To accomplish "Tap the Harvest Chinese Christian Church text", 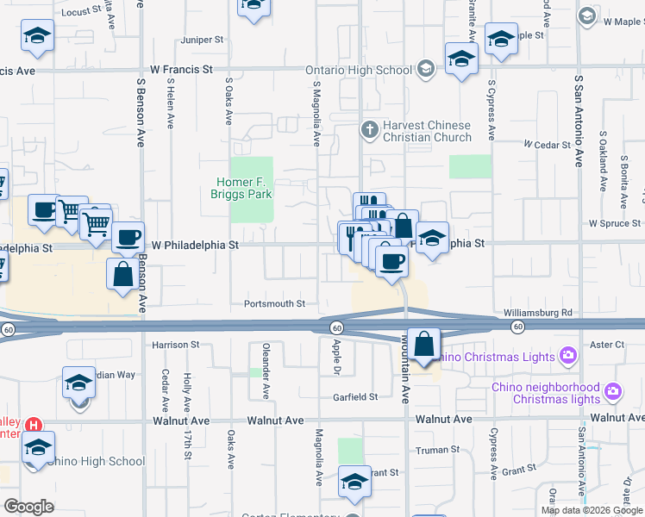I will click(x=427, y=131).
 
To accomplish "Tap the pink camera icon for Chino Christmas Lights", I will click(x=567, y=354).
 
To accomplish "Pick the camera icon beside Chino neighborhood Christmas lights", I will click(x=613, y=392).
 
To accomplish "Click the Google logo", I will click(x=28, y=506).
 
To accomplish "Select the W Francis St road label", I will click(x=181, y=69).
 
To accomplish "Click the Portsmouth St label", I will click(x=275, y=303).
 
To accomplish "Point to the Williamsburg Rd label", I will click(x=538, y=313).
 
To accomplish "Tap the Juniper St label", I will click(x=202, y=40).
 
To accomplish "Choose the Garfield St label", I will click(x=355, y=397).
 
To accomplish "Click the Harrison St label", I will click(x=176, y=345).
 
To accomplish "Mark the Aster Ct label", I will click(x=607, y=344).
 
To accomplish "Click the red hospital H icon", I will click(x=34, y=425).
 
